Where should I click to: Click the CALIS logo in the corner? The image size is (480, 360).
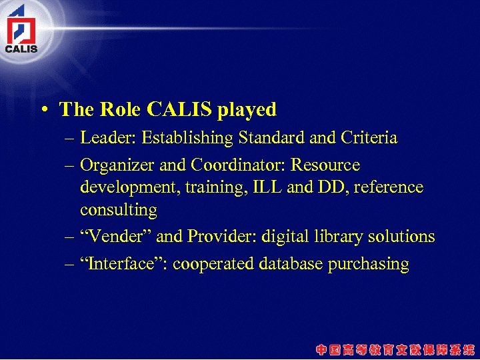(x=21, y=29)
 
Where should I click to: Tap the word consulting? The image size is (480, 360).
(x=119, y=210)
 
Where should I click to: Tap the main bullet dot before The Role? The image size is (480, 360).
(x=43, y=110)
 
